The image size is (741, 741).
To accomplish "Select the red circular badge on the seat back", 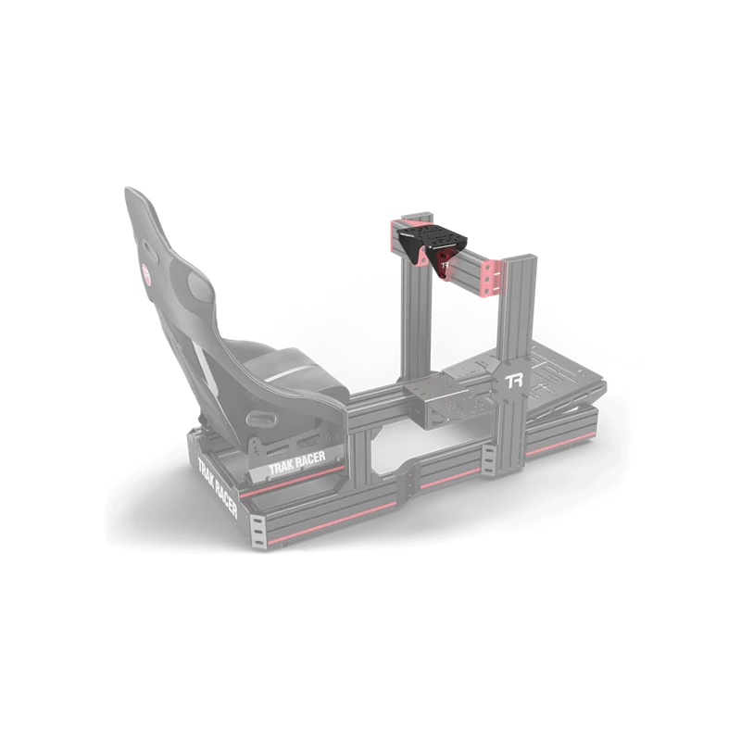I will click(147, 274).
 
